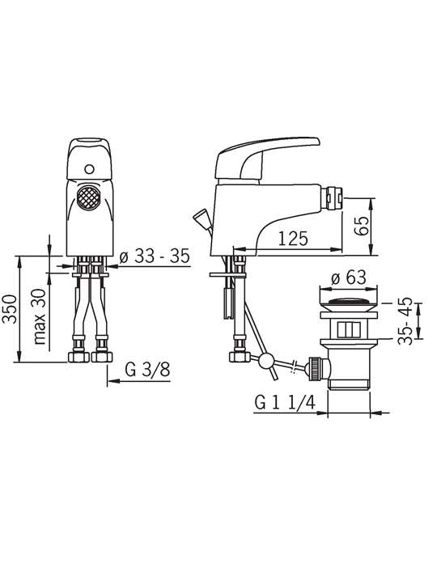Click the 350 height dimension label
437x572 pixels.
[x=10, y=308]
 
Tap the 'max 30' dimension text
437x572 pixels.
[x=40, y=316]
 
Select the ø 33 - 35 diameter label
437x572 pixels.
[x=155, y=256]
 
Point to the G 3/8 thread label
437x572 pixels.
[x=147, y=370]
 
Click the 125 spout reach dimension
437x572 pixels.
[x=293, y=239]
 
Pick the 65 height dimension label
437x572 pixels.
[x=361, y=227]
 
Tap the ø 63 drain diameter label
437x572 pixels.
[x=348, y=278]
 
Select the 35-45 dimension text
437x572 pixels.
[x=405, y=321]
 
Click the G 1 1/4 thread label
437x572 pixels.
[x=285, y=403]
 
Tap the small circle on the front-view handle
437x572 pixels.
[x=89, y=169]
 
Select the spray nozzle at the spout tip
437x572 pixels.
[x=334, y=198]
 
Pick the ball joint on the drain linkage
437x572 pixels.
[x=265, y=362]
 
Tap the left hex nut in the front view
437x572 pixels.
[x=78, y=357]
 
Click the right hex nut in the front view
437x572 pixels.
[x=102, y=357]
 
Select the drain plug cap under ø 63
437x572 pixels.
[x=348, y=304]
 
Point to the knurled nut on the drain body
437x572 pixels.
[x=314, y=368]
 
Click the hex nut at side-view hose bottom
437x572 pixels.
[x=240, y=357]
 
